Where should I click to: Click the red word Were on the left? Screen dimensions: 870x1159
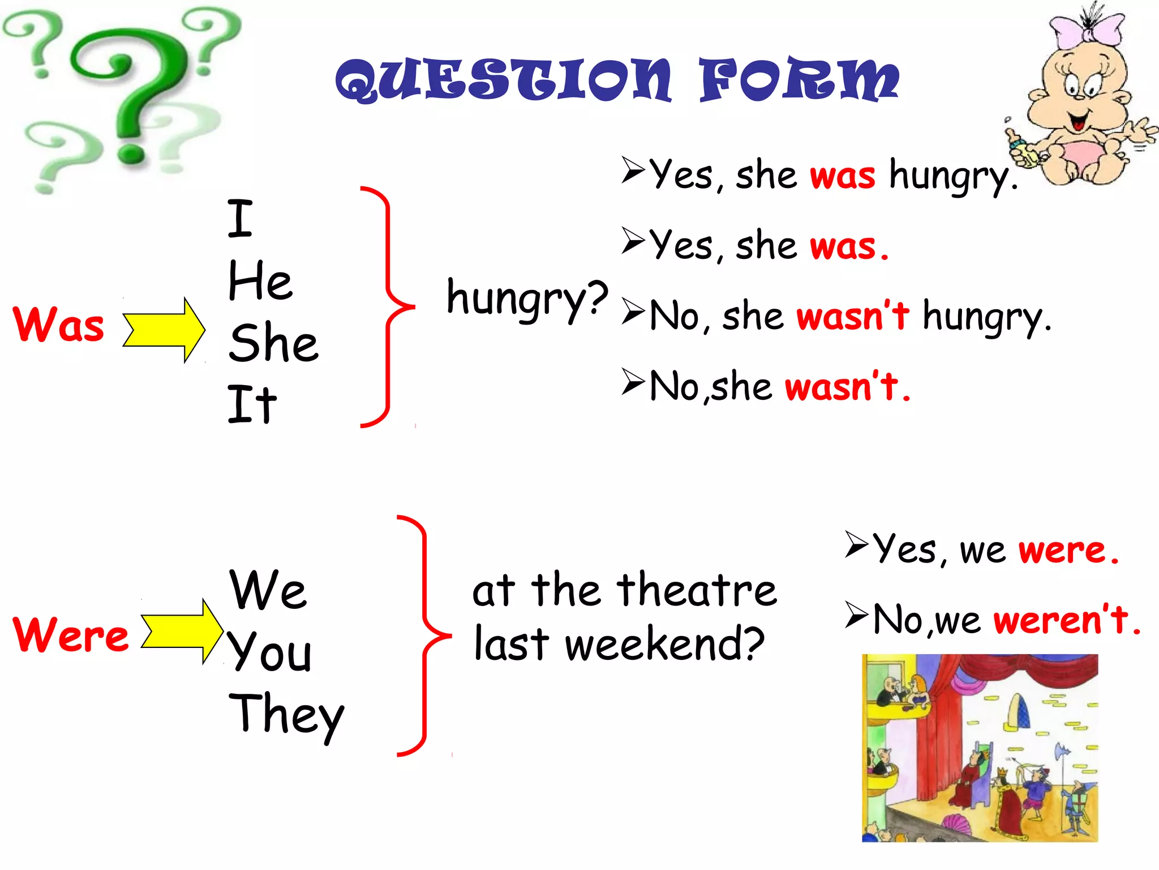71,634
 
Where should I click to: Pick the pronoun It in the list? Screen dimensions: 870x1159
252,404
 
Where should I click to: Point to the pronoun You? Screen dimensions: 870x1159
270,651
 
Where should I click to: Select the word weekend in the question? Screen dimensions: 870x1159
664,645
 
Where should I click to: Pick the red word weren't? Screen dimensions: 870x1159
1061,620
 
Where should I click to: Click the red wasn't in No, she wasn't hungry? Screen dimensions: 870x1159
853,316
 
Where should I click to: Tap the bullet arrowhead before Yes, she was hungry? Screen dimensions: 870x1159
633,170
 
